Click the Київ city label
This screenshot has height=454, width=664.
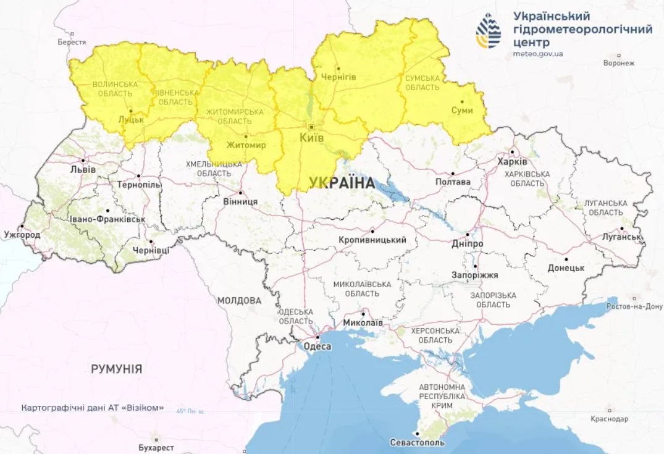tap(311, 138)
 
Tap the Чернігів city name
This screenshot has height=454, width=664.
tap(338, 77)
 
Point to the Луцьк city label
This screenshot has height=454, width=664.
tap(130, 120)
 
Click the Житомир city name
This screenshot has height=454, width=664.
tap(245, 145)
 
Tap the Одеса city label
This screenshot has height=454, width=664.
tap(317, 347)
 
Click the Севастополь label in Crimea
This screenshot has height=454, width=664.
tap(417, 443)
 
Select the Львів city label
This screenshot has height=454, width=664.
tap(83, 169)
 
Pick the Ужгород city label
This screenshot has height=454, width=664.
tap(22, 235)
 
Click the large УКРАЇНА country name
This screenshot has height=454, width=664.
tap(341, 183)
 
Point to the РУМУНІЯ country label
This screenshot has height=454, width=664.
tap(116, 369)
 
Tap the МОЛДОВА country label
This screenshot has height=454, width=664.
tap(239, 300)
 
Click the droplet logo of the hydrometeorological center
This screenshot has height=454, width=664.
tap(489, 31)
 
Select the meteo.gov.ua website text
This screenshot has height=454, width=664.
tap(537, 54)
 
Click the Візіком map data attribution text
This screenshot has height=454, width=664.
tap(93, 408)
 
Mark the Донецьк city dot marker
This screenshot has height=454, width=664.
tap(566, 259)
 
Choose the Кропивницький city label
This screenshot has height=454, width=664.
tap(372, 240)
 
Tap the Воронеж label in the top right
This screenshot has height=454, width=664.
tap(619, 63)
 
